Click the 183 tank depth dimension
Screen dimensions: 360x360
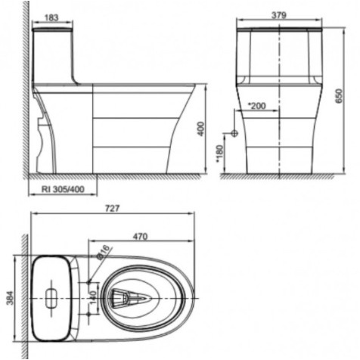tap(51, 17)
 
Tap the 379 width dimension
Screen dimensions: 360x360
tap(279, 15)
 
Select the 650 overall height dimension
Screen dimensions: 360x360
tap(340, 96)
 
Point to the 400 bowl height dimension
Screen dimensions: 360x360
tap(201, 129)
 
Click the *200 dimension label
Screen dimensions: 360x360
tap(257, 106)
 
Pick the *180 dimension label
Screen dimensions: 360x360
tap(220, 154)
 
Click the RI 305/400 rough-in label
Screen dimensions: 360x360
tap(63, 189)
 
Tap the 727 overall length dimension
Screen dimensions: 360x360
tap(113, 209)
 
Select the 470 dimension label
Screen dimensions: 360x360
tap(140, 237)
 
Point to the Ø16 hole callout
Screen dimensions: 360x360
tap(104, 252)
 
